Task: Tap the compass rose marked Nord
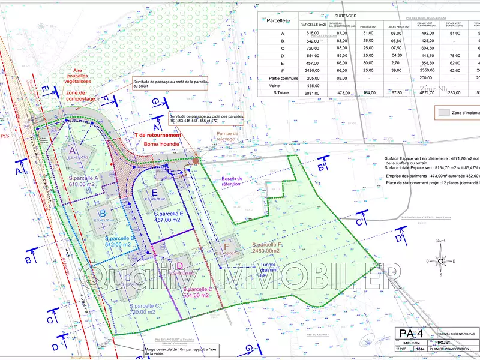[x=440, y=260]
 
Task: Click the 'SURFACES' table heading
[x=346, y=16]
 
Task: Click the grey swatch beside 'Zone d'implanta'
[x=443, y=112]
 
